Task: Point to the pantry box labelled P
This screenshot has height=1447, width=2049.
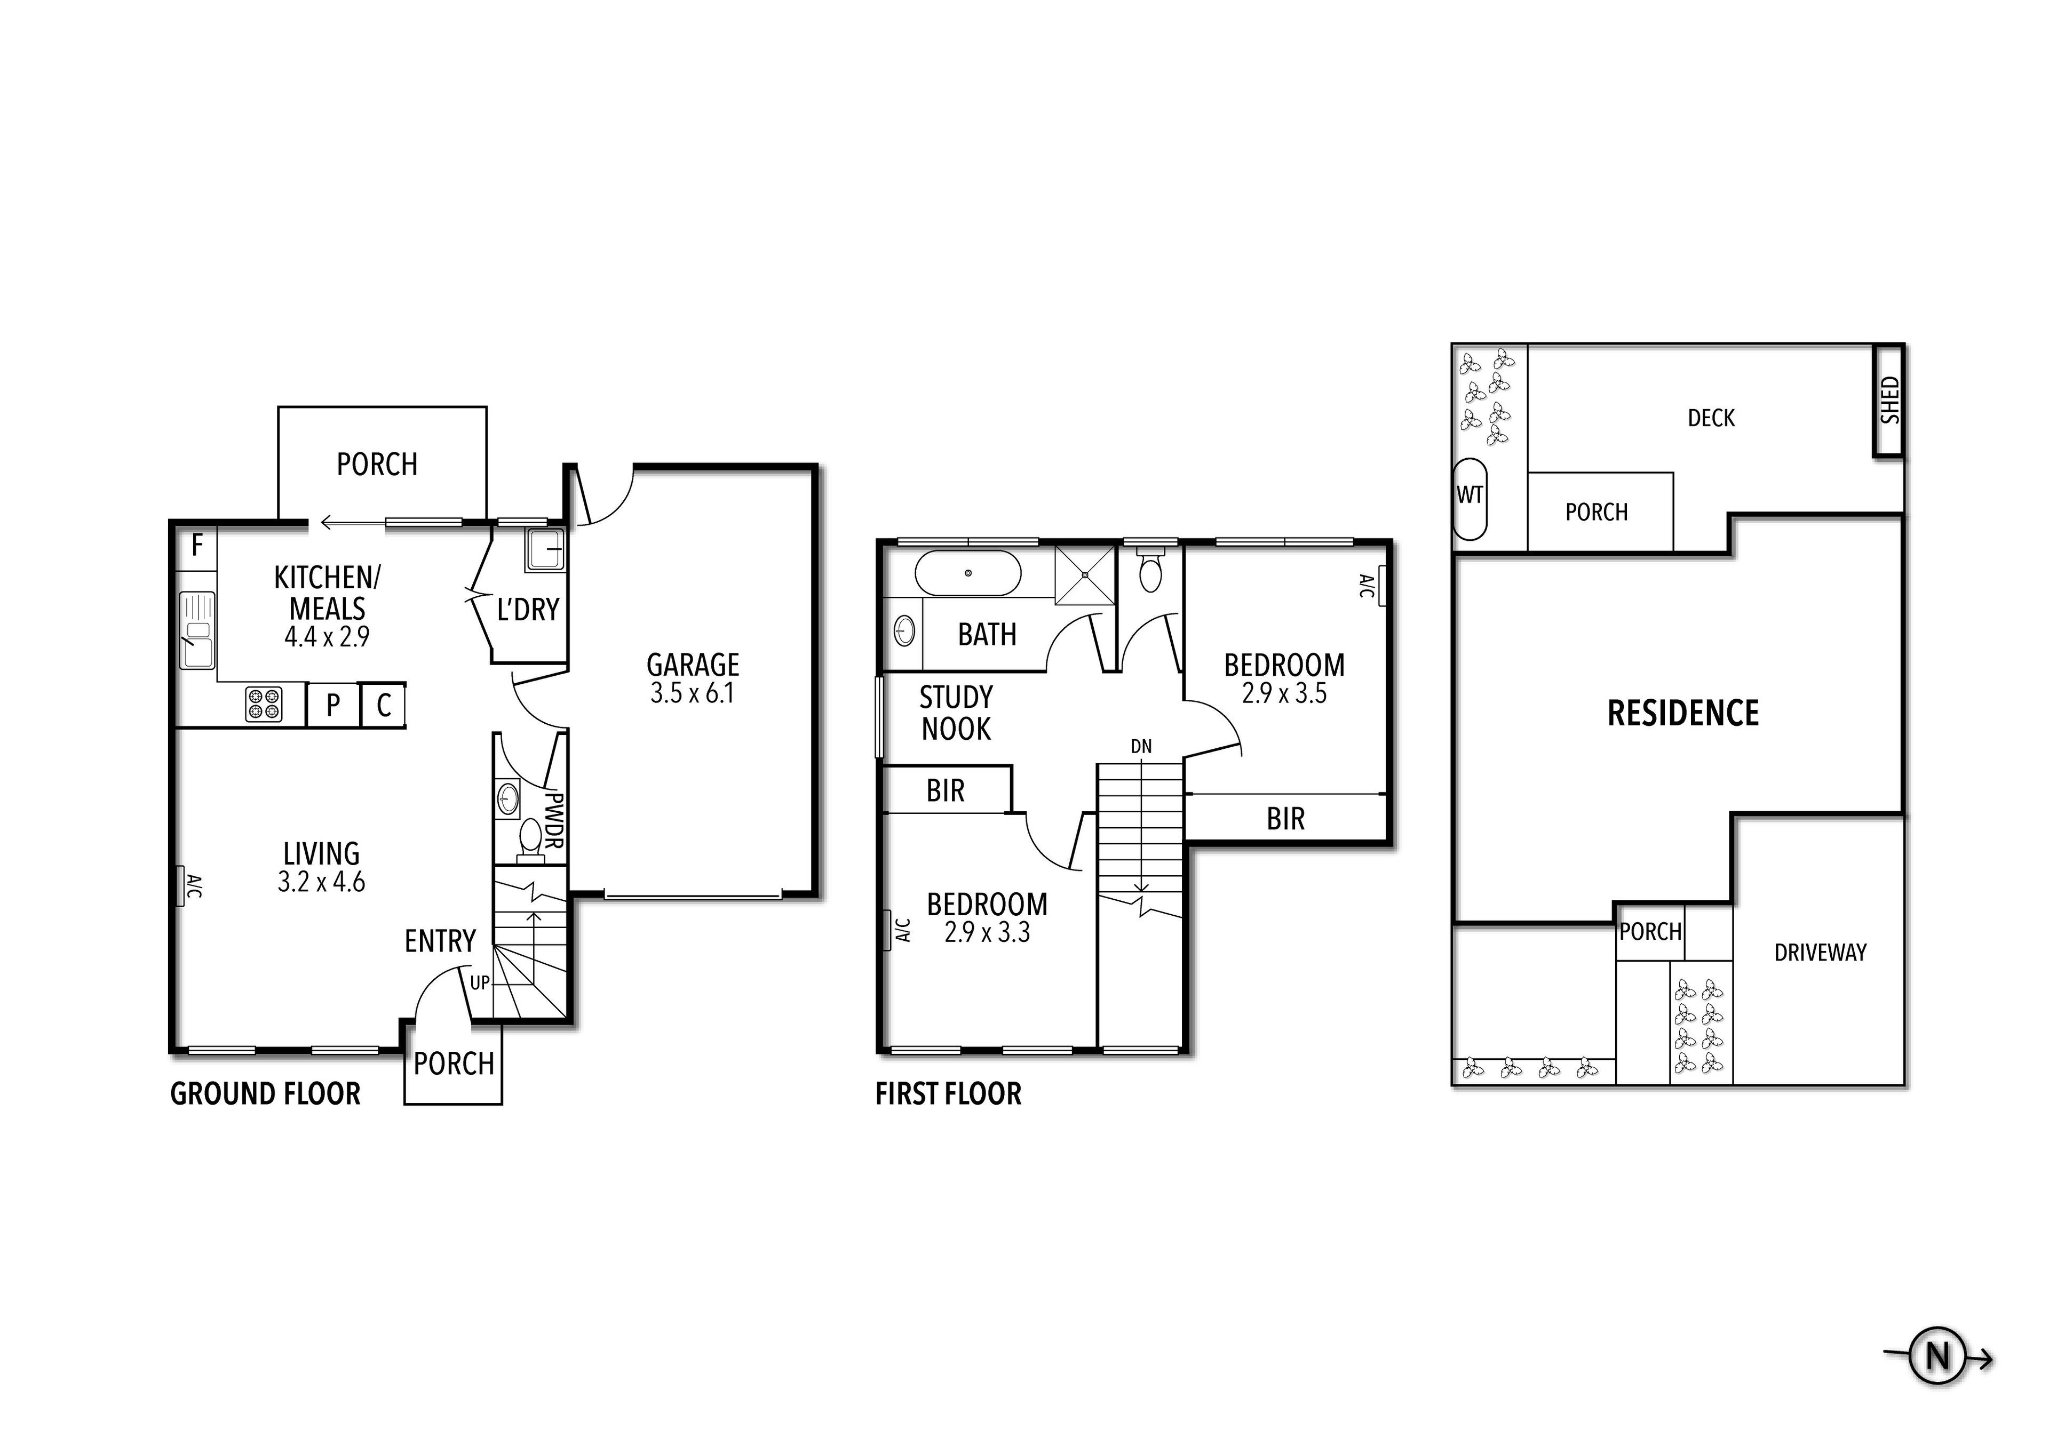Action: coord(333,706)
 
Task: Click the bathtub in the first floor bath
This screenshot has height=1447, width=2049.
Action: coord(968,573)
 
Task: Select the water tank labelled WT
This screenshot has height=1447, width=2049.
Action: coord(1470,499)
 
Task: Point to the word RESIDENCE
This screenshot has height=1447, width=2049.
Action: coord(1683,714)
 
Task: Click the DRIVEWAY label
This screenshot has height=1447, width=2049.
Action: coord(1820,953)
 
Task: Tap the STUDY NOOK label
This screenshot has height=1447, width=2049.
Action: coord(956,713)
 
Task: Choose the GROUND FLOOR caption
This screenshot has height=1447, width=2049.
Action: coord(265,1094)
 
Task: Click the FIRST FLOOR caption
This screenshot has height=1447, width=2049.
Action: coord(949,1094)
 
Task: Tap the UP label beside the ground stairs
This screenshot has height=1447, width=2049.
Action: coord(480,983)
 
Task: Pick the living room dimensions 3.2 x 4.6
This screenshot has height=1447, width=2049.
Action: coord(321,882)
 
